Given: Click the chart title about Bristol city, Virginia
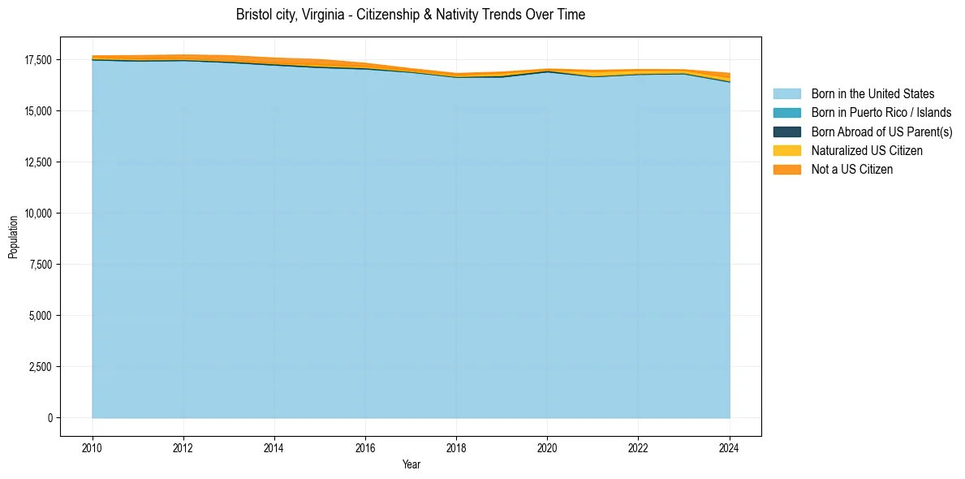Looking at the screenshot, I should [410, 15].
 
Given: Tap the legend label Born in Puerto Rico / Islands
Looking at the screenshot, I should [881, 113].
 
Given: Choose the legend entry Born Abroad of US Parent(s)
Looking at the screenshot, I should [881, 132].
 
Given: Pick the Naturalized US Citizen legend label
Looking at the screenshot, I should [867, 150].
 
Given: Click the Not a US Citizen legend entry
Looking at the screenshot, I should [851, 169].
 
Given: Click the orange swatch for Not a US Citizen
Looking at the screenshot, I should [786, 169].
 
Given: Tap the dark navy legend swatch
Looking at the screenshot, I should [786, 132].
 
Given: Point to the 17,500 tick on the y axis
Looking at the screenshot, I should [38, 60].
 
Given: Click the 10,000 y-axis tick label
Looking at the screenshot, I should [38, 214].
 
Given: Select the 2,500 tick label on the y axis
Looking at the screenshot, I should [41, 367].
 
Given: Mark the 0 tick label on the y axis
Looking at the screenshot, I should [50, 418].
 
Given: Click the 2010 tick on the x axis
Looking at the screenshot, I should [93, 447].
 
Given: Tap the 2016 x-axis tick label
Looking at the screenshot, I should [365, 447].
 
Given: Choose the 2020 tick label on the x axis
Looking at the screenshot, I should [547, 447].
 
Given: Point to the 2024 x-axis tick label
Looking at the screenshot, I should [730, 447].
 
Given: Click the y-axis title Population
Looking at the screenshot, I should [13, 237].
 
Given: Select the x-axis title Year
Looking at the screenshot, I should [411, 464].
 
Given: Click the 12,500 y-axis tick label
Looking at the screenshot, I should [38, 162].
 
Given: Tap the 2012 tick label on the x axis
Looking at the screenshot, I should [183, 447].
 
